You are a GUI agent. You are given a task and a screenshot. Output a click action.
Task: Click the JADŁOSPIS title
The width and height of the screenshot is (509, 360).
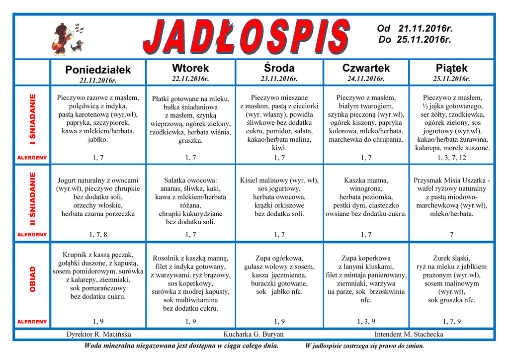(246, 35)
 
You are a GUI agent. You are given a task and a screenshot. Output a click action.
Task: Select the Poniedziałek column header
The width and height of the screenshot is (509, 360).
(98, 69)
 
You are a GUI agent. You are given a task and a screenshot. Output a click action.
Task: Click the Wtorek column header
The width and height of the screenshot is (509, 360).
(190, 68)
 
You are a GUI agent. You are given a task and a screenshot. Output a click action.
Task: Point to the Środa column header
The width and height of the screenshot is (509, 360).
(279, 68)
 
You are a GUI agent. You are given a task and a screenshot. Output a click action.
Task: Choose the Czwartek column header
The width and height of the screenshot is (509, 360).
(366, 68)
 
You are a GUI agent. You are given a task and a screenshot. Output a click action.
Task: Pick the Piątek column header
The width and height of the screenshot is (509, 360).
(451, 68)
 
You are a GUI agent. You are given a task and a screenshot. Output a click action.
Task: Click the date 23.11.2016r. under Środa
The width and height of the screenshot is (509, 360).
(279, 79)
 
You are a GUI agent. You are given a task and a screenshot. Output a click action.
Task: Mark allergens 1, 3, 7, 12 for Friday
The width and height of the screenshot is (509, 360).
(451, 158)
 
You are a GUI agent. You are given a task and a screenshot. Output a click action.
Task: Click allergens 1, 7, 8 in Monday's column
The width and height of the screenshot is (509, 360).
(98, 234)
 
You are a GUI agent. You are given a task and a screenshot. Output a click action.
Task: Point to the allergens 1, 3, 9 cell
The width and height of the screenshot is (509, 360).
(366, 321)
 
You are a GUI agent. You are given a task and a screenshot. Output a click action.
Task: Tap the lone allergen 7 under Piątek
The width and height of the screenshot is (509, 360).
(451, 234)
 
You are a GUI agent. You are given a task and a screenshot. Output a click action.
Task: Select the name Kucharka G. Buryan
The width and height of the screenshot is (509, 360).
(254, 334)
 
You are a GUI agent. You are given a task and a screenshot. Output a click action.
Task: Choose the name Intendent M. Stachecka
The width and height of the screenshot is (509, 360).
(409, 334)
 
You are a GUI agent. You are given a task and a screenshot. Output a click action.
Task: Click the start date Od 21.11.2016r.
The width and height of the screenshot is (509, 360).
(415, 29)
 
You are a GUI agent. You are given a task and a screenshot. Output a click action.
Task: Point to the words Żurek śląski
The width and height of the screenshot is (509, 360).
(451, 258)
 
